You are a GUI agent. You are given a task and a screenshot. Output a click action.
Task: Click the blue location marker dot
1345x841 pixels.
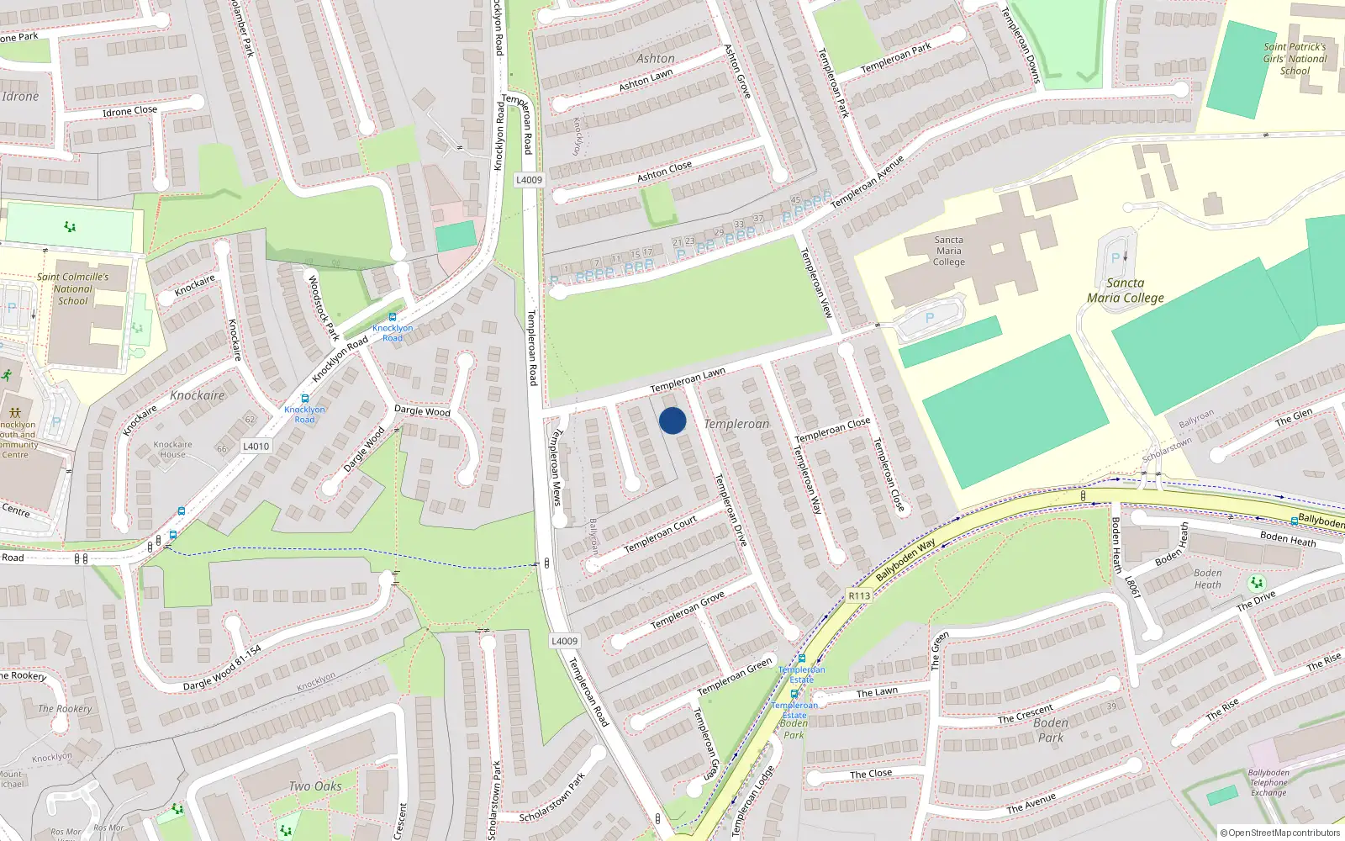pos(672,420)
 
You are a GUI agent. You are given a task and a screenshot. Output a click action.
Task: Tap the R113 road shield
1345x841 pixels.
pos(859,595)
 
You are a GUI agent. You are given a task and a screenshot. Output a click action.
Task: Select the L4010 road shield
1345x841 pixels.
pos(256,446)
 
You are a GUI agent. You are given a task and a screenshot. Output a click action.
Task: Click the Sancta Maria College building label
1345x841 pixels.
pos(948,251)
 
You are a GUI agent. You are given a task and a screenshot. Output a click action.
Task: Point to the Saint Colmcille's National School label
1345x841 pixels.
pos(73,288)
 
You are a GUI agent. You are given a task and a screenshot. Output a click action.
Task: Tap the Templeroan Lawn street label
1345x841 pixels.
pos(688,380)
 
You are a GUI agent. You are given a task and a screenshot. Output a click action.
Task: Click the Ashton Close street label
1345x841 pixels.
pos(664,172)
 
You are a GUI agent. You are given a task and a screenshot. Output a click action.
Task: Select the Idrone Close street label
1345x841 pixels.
pos(129,111)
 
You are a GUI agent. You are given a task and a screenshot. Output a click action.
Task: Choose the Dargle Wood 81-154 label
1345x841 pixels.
pos(222,668)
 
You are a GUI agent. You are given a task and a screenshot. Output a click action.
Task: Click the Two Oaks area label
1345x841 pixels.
pos(315,786)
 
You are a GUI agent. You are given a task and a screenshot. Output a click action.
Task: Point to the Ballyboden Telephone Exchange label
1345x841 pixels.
pos(1269,782)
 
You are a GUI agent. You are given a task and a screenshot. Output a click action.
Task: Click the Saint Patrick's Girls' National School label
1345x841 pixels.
pos(1295,59)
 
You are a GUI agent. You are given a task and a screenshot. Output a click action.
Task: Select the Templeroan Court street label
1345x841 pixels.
pos(660,535)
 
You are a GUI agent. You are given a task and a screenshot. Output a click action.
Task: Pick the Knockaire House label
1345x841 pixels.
pos(172,449)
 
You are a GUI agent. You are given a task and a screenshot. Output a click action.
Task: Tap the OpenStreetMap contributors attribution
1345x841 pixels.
pos(1280,833)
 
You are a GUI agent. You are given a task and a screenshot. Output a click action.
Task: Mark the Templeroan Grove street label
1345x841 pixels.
pos(687,610)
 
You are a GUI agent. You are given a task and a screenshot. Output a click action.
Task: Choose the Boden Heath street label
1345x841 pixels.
pos(1288,537)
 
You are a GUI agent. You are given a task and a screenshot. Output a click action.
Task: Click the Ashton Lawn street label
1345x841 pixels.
pos(646,81)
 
